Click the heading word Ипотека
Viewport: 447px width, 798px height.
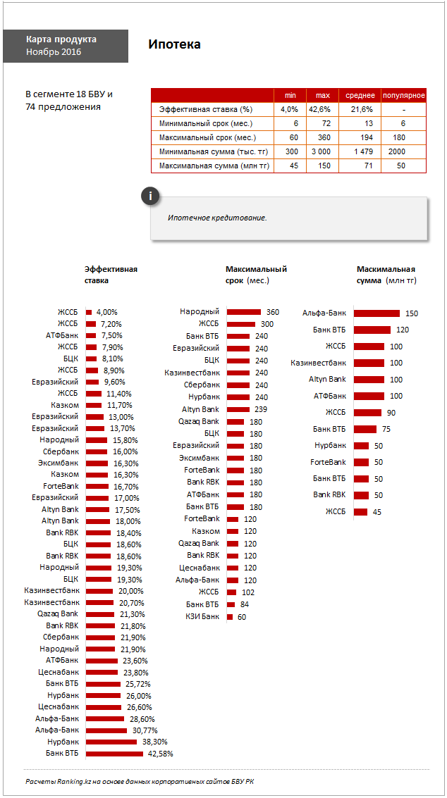[174, 44]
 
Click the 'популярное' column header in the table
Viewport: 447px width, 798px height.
[403, 95]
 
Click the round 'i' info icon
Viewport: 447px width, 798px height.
[149, 197]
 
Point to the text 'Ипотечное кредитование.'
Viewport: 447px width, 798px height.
[217, 218]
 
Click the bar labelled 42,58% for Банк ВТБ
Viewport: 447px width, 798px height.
[114, 754]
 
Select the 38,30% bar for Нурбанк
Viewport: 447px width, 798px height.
[111, 742]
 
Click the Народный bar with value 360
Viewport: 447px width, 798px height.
[244, 311]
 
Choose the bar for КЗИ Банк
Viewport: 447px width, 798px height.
[229, 617]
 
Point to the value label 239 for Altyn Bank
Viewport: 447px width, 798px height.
[260, 409]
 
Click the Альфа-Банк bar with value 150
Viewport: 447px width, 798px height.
[376, 313]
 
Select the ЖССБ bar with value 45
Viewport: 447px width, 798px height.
[360, 512]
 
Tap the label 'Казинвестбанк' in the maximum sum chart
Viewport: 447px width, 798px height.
[319, 363]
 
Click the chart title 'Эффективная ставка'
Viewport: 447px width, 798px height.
[111, 275]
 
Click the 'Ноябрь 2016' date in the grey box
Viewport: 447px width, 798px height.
[54, 52]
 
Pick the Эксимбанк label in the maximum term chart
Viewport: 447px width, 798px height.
[199, 458]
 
